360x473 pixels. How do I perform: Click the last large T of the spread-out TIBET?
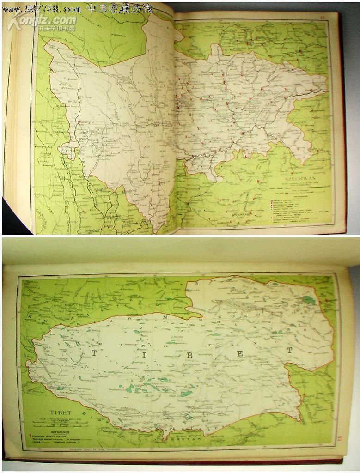[289, 350]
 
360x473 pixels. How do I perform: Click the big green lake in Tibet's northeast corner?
[309, 300]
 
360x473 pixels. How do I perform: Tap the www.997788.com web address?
[42, 8]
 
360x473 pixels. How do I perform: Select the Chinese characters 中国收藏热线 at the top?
[119, 8]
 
